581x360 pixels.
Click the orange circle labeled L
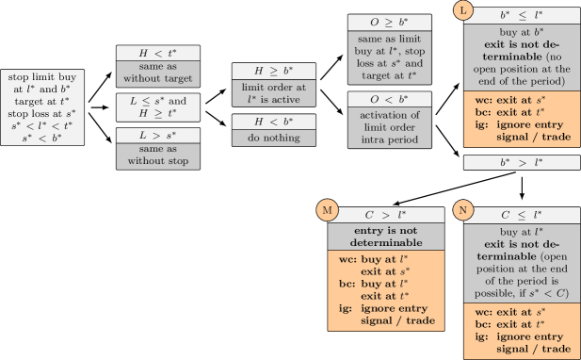tap(462, 10)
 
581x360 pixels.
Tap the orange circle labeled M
tap(328, 210)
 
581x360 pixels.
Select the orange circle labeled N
tap(461, 210)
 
